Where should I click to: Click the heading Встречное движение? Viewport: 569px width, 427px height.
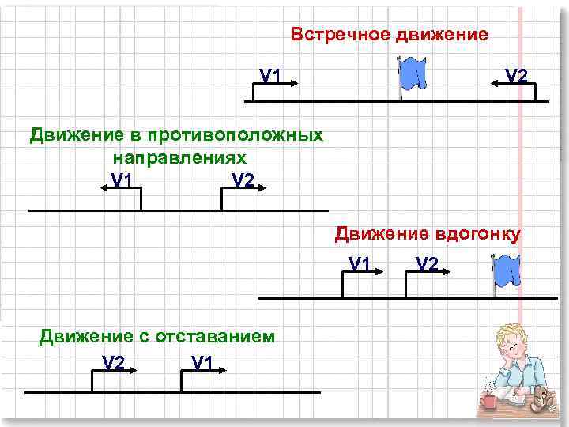389,35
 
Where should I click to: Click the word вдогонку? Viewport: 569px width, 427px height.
477,233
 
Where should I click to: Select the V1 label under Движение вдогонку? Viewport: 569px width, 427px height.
360,263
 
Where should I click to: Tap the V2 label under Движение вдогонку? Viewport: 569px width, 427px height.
426,263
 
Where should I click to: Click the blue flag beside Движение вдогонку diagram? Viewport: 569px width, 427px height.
505,273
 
